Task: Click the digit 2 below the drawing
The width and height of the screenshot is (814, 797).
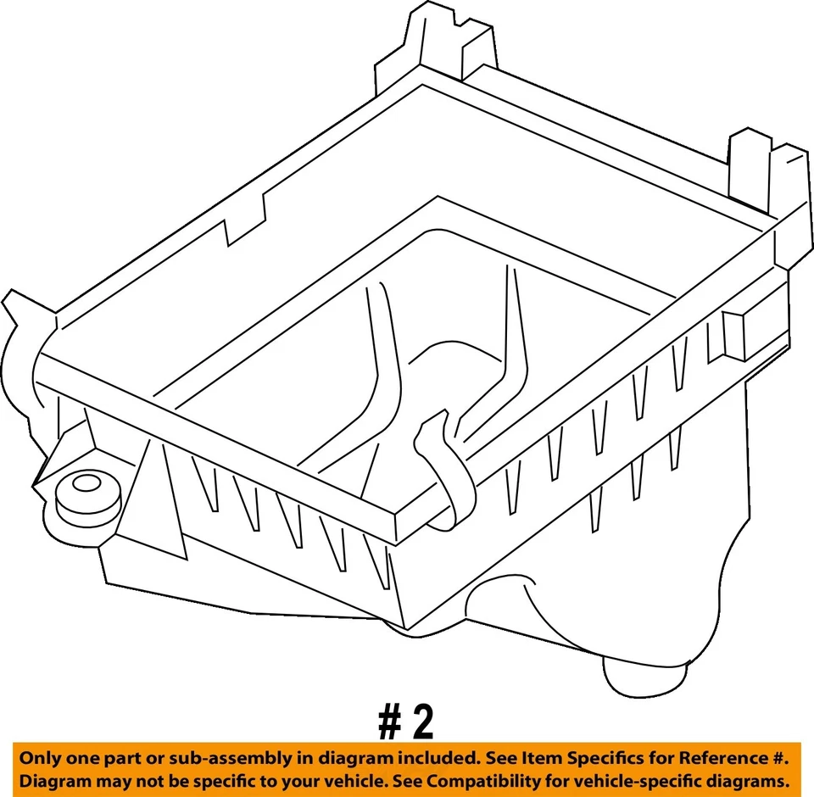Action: (x=421, y=722)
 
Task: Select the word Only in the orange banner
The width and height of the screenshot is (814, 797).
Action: (x=41, y=757)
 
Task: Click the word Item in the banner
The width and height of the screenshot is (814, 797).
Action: (x=521, y=757)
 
